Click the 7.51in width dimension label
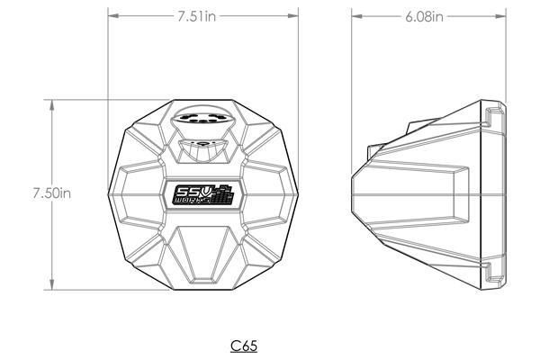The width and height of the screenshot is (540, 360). pyautogui.click(x=196, y=16)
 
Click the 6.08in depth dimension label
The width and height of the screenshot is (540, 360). pyautogui.click(x=424, y=16)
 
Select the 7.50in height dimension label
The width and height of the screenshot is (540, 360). pyautogui.click(x=51, y=193)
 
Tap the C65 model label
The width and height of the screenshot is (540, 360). pyautogui.click(x=244, y=346)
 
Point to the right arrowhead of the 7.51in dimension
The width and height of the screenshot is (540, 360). pyautogui.click(x=293, y=16)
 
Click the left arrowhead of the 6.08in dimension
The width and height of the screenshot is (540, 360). pyautogui.click(x=356, y=16)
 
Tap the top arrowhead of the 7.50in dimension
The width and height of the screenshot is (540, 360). pyautogui.click(x=52, y=105)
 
